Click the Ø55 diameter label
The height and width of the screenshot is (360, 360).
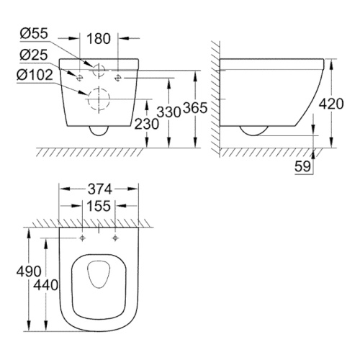click(34, 34)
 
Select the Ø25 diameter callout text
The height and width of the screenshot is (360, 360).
click(34, 55)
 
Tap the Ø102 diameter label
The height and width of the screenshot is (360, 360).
click(35, 75)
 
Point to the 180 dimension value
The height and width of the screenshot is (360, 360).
click(99, 39)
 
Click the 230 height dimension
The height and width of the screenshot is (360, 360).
click(146, 124)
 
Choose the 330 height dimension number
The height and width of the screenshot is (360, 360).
click(168, 112)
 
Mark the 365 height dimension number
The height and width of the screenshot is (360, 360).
click(195, 108)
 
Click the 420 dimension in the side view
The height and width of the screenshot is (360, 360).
click(331, 104)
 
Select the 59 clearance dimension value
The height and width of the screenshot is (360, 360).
click(302, 166)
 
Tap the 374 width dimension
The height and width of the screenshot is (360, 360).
click(100, 189)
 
